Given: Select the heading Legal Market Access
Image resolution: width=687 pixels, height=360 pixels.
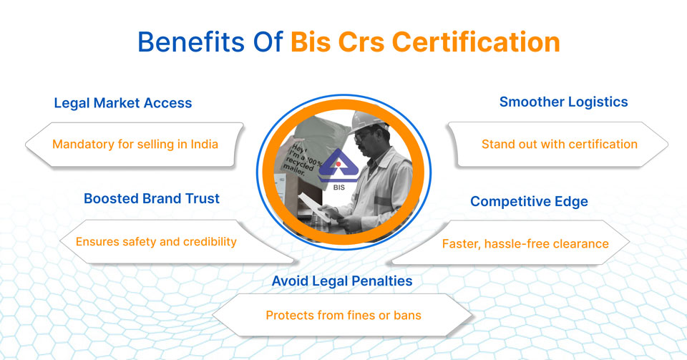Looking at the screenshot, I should [x=123, y=102].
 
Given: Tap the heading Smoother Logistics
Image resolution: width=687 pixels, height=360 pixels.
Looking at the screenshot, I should [x=563, y=102].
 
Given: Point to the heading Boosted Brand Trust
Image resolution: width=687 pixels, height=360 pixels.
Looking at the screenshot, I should [x=152, y=198].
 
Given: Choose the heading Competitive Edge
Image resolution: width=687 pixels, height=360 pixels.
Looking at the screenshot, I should [x=529, y=202].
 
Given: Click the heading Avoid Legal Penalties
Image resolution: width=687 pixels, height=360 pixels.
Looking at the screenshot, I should [x=342, y=281].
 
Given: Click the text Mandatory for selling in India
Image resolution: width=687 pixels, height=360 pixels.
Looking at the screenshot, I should [x=135, y=144].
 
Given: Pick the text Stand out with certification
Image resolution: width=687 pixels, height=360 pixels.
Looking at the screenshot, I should [x=559, y=144].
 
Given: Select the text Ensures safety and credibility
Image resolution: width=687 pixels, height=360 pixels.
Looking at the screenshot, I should [x=156, y=241].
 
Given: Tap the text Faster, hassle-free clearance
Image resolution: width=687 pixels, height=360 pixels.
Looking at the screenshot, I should [x=525, y=243].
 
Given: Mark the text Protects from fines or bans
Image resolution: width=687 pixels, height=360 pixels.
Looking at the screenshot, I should [x=343, y=315].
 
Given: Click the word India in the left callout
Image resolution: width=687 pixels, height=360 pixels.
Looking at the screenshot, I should [x=203, y=144].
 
